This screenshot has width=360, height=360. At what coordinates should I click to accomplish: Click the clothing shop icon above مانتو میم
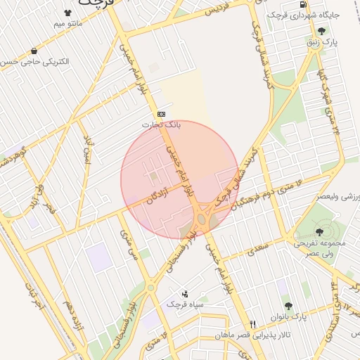(67, 13)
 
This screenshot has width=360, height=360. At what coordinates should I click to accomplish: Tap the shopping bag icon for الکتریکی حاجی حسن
(34, 51)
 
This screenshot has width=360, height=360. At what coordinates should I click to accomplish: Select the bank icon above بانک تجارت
(162, 113)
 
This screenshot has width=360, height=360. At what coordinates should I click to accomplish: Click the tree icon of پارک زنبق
(321, 30)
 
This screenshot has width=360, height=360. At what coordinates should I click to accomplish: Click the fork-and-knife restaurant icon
(253, 324)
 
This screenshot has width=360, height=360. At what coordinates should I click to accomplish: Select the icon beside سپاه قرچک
(185, 293)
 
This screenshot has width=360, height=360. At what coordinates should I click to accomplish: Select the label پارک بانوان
(287, 317)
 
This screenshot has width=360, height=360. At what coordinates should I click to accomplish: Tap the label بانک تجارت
(162, 124)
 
